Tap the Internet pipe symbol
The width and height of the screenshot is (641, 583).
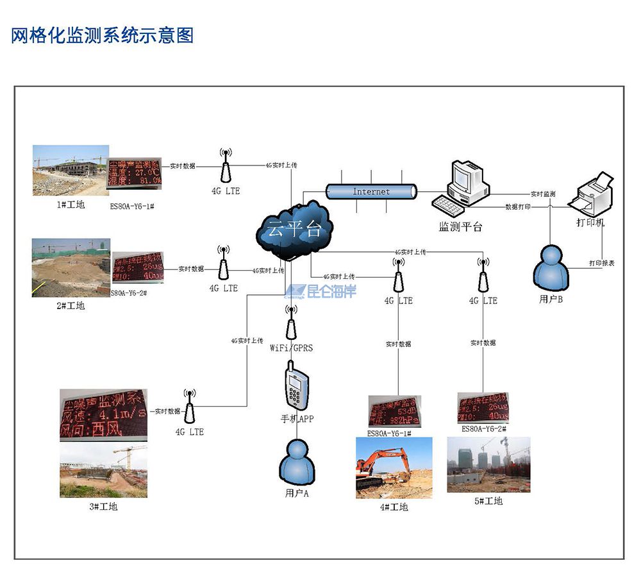coord(371,192)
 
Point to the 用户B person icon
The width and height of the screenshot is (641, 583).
coord(551,268)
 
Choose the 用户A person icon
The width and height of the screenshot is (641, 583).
coord(296,462)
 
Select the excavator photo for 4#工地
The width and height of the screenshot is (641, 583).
coord(394,468)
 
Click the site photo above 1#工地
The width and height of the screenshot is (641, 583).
coord(69,171)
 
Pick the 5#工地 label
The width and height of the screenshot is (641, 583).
coord(488,501)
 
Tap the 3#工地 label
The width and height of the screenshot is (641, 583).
coord(103,507)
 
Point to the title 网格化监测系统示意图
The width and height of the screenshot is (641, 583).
coord(103,35)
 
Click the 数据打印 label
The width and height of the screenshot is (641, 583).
coord(517,207)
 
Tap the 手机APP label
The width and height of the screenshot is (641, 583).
coord(297,419)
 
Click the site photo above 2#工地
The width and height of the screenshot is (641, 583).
coord(71,267)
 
